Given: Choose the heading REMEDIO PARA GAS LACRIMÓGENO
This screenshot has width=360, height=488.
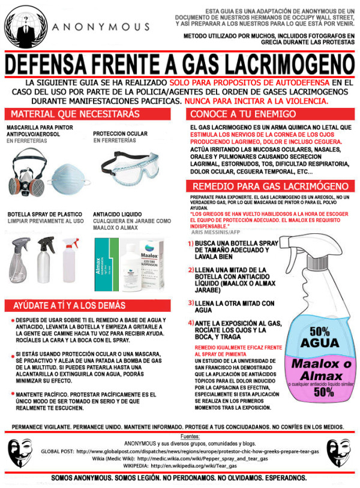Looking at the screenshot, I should point(271,186).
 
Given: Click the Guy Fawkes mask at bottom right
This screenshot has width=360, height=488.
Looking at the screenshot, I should point(340,451).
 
